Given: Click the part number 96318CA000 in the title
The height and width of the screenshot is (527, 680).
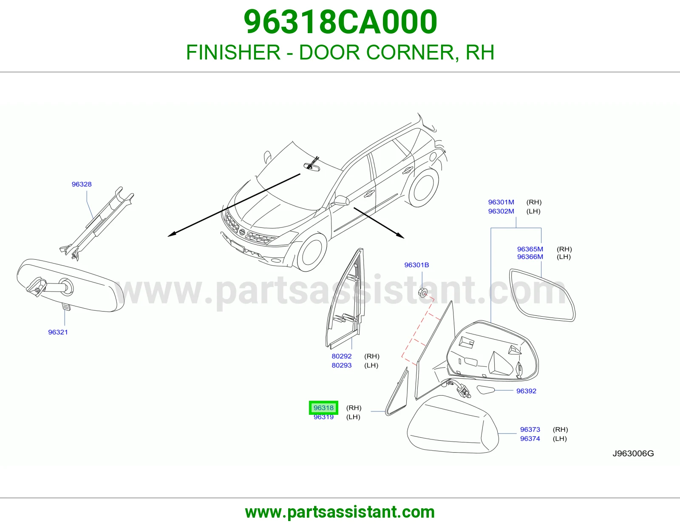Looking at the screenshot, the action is (x=340, y=22).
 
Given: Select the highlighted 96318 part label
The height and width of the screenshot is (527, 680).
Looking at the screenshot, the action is (x=323, y=408).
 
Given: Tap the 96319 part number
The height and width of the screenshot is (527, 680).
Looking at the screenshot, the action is (x=323, y=417).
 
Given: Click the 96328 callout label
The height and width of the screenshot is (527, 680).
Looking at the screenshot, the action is (x=82, y=184).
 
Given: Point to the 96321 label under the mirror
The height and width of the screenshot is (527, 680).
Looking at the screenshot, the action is (x=58, y=332).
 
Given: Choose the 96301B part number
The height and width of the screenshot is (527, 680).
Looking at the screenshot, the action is (x=416, y=265).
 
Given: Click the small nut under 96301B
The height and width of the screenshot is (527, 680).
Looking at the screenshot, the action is (x=423, y=292).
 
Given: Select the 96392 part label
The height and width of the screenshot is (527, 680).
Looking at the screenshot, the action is (x=526, y=391).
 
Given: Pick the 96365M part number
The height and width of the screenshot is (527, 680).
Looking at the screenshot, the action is (x=530, y=249).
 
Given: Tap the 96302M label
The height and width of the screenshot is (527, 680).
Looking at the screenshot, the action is (x=501, y=211).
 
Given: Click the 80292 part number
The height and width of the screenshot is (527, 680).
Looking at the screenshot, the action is (x=342, y=356).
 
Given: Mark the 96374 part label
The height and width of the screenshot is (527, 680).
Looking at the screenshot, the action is (x=530, y=439).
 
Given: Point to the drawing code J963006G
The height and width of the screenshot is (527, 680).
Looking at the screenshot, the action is (x=633, y=453).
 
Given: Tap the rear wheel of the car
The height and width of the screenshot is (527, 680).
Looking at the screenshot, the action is (x=423, y=188).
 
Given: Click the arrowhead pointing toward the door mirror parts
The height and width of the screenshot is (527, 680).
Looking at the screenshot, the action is (x=400, y=235).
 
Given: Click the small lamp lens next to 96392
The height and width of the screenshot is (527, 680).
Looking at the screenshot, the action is (x=485, y=390).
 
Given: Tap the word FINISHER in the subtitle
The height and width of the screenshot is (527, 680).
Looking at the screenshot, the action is (x=233, y=52).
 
